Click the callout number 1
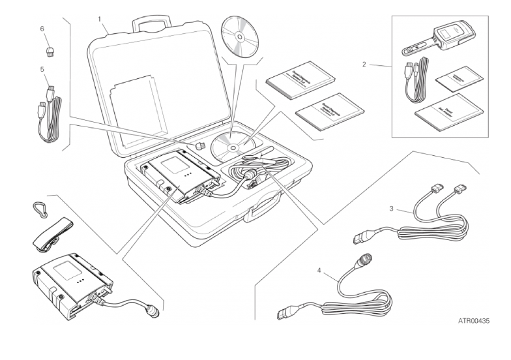[100, 19]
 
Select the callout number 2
[364, 64]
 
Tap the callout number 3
[390, 209]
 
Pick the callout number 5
[42, 68]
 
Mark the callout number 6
[42, 30]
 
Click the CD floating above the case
[240, 38]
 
